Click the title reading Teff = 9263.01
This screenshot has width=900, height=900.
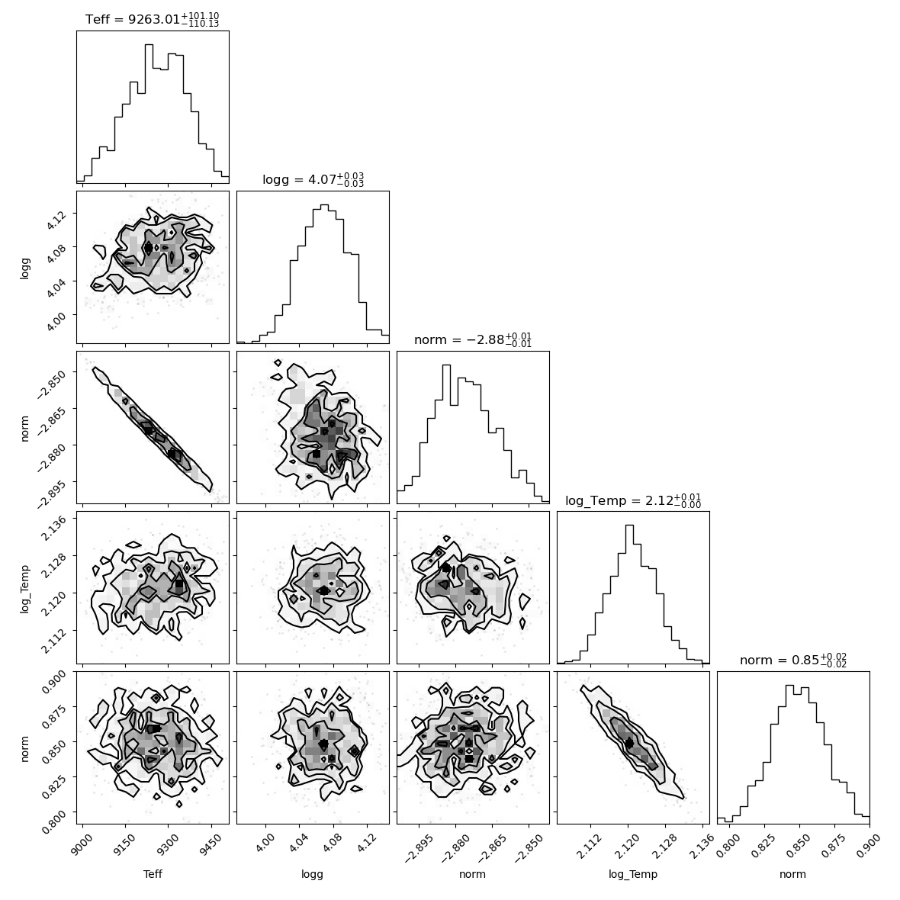(x=152, y=20)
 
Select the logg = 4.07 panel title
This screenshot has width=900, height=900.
(x=313, y=179)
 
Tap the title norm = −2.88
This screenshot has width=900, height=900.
(x=473, y=339)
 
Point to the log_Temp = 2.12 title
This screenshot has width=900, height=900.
(x=633, y=500)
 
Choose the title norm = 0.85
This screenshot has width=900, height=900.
(x=793, y=660)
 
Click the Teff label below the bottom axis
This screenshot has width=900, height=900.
(x=153, y=874)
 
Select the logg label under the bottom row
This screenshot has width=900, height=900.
(x=312, y=875)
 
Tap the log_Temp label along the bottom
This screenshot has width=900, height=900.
(x=633, y=875)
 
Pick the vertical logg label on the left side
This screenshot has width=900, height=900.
(x=24, y=268)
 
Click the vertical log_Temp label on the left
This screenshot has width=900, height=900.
(x=24, y=588)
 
